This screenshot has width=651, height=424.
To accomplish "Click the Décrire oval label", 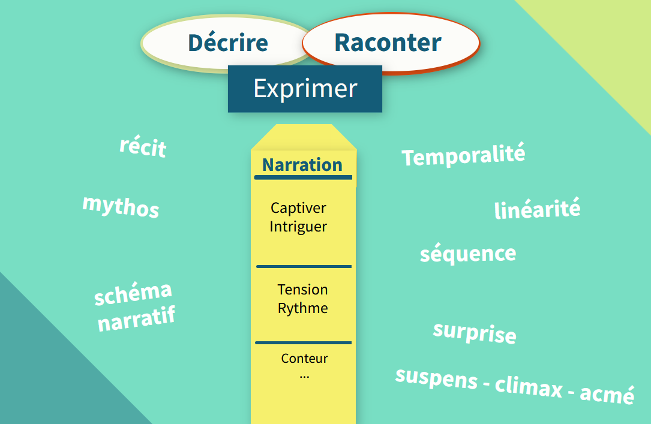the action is (228, 43).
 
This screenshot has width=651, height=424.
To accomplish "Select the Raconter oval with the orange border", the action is (391, 43).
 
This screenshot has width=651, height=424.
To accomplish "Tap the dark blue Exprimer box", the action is (305, 89).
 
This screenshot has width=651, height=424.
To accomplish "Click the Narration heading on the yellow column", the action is (302, 165).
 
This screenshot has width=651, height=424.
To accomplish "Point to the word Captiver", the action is (298, 208).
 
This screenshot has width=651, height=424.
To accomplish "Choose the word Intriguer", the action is (298, 227).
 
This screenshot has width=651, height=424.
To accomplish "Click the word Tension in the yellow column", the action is (302, 289).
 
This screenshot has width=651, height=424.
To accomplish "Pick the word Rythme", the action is (302, 308).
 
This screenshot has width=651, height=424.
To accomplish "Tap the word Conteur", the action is (304, 358).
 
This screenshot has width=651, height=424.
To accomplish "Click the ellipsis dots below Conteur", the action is (304, 377).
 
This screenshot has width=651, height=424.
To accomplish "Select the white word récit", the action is (143, 146).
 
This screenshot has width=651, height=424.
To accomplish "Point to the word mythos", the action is (121, 206).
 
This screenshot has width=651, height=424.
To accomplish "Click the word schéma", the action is (133, 293).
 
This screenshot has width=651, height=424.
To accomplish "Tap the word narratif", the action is (137, 319).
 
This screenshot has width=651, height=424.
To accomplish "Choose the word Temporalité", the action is (463, 155).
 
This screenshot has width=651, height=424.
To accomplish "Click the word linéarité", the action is (537, 209).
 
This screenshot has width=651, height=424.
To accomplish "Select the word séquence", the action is (468, 253).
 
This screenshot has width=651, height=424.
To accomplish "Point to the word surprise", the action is (475, 332).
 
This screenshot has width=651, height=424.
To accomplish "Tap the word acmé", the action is (607, 394).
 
